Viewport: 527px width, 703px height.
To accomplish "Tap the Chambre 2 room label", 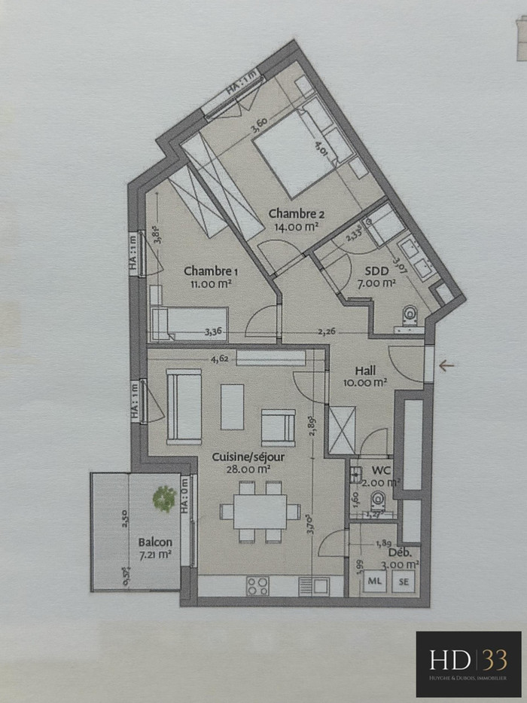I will pos(296,214).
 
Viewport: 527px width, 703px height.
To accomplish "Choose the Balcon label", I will pos(154,542).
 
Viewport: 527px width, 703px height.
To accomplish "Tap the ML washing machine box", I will pos(374,581).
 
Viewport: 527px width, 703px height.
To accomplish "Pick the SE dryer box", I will pos(404,581).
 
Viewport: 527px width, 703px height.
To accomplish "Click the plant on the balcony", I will pos(164,498).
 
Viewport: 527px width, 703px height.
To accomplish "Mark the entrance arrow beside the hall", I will pos(446,366).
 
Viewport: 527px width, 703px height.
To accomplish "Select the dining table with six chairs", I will pos(260,512).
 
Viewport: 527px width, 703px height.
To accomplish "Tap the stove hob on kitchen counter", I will pos(257,585).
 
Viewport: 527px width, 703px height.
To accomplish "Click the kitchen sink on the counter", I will pos(312,585).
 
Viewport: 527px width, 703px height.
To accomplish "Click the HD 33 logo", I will pos(468,664).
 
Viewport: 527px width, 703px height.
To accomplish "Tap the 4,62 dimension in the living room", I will pos(221,359).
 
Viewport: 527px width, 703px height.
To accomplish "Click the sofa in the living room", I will pos(184,406).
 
